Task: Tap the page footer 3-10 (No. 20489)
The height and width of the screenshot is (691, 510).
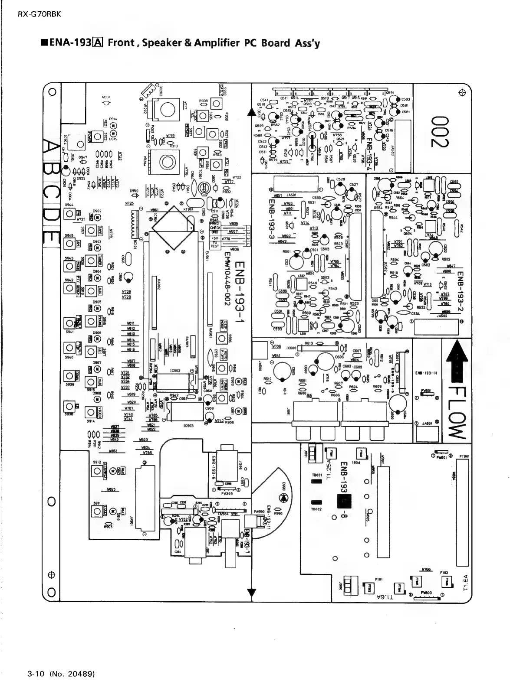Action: pyautogui.click(x=61, y=674)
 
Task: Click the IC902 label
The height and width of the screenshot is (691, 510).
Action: pyautogui.click(x=175, y=371)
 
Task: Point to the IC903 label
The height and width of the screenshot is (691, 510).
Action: pyautogui.click(x=188, y=426)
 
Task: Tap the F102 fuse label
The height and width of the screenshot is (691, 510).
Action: pyautogui.click(x=444, y=573)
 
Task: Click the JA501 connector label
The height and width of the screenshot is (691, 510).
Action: pyautogui.click(x=291, y=195)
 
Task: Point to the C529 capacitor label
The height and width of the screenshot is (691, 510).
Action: pyautogui.click(x=341, y=179)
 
